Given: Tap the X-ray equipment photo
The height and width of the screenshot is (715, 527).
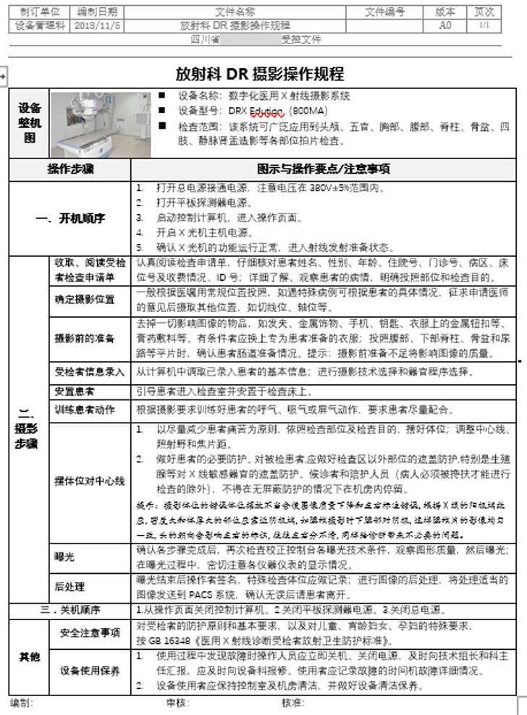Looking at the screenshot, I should (x=101, y=124).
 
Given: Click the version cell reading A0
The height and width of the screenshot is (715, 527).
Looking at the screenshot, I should (x=445, y=25).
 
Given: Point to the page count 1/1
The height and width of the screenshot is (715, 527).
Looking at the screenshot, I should (x=484, y=25).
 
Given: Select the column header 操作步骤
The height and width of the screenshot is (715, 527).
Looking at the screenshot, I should (x=70, y=169).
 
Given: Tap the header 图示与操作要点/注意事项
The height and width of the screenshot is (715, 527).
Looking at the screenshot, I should (x=324, y=169).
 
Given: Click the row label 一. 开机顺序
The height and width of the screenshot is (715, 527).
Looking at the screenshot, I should (x=70, y=217).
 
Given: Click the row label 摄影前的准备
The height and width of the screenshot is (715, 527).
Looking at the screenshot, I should (x=85, y=338).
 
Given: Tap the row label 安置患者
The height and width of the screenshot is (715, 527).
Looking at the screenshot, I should (x=75, y=392).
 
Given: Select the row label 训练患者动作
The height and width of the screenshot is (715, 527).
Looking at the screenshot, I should (x=85, y=410).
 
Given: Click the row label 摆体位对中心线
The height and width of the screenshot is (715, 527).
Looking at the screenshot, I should (x=90, y=481).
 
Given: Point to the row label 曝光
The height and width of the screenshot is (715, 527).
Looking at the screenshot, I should (x=64, y=557).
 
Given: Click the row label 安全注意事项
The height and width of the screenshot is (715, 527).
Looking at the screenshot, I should (x=90, y=633).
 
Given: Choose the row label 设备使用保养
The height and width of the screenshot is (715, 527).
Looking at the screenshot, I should (x=90, y=670).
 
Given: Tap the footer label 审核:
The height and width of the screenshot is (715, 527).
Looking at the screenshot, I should (x=177, y=703).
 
